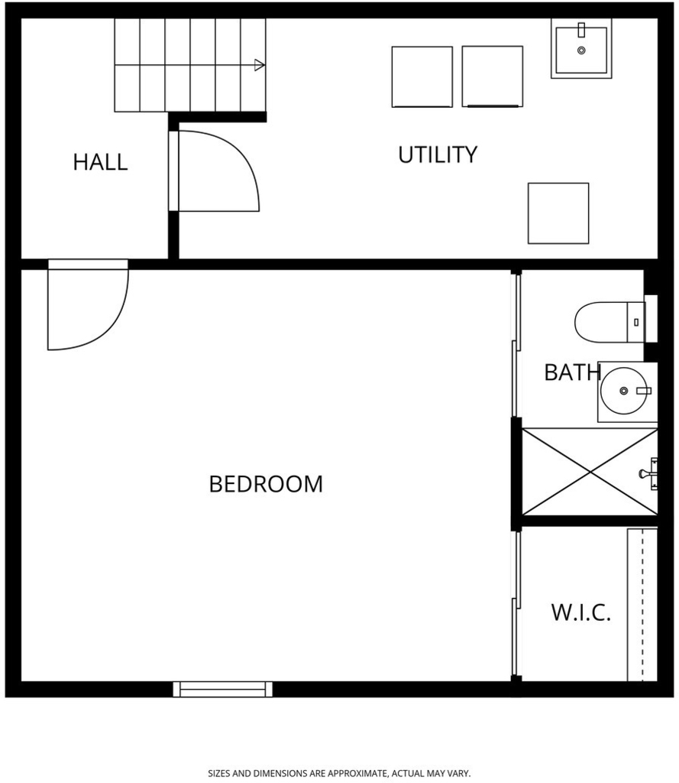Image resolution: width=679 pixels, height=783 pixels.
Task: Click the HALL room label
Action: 100,162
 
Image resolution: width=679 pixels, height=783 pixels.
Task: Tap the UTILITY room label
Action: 438,154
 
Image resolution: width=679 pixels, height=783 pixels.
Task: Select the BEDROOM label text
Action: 266,484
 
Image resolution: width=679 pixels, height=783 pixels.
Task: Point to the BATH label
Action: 572,372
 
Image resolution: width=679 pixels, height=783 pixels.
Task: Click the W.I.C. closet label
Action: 580,612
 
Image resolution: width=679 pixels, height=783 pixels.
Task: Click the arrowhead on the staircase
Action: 259,65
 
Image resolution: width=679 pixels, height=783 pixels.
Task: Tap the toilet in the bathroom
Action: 609,322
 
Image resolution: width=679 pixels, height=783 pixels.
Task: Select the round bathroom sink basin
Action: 623,391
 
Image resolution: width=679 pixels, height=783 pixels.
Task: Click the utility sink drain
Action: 581,50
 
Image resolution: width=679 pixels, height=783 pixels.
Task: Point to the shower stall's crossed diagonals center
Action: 590,472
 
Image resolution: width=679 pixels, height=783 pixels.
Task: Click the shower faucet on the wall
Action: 648,473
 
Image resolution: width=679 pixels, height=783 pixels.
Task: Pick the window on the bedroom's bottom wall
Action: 222,689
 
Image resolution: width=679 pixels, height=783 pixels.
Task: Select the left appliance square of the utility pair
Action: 422,77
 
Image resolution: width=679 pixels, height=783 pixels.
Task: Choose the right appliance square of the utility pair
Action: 493,76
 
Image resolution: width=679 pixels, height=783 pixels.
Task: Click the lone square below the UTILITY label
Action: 558,213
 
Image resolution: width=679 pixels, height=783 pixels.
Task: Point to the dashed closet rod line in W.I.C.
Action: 642,605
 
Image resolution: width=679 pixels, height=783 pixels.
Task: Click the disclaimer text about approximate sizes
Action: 339,774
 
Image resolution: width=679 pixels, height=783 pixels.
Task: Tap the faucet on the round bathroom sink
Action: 644,391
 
